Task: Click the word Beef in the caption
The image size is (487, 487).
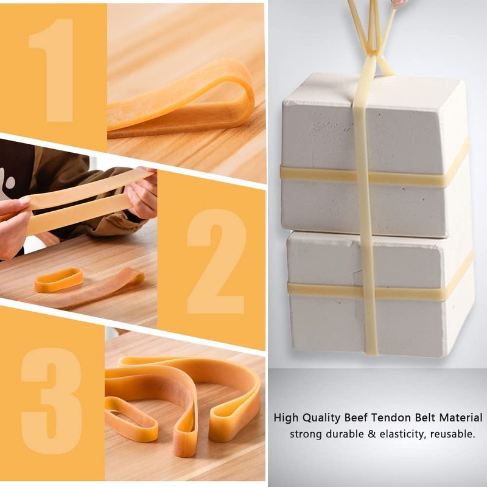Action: [357, 418]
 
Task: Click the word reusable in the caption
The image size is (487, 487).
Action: [452, 434]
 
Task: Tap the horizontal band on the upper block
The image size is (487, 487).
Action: [317, 175]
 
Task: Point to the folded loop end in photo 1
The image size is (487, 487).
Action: [243, 91]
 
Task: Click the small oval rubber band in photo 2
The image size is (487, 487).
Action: [58, 280]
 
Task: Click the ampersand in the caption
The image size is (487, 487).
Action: [368, 434]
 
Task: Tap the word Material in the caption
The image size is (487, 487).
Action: [458, 418]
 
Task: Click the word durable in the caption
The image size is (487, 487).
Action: [345, 434]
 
